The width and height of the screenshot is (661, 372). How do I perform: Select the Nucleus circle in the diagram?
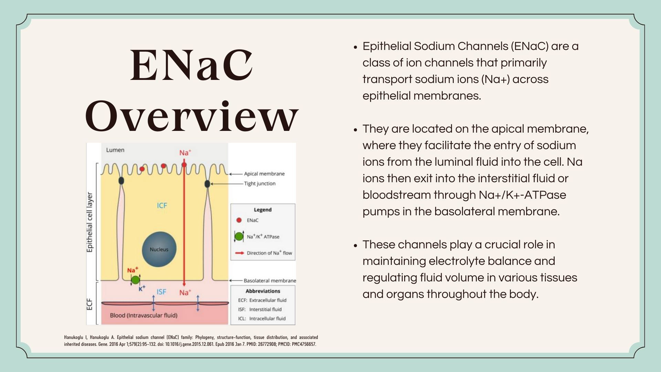159,249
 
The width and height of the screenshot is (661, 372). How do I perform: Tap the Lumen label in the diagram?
115,150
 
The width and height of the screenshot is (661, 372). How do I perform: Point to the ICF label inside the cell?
162,206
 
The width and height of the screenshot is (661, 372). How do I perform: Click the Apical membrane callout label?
264,174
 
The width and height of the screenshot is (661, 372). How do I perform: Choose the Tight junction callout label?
260,184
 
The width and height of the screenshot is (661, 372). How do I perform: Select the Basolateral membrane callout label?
270,281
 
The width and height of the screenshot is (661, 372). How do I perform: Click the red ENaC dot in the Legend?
239,220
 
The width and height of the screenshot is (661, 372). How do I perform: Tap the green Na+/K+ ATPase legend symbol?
239,236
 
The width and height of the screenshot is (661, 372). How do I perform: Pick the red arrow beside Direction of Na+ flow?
240,253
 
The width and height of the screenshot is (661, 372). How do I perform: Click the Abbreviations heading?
263,291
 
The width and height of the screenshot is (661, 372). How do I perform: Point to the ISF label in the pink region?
161,292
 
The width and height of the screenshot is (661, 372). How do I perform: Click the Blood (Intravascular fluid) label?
144,315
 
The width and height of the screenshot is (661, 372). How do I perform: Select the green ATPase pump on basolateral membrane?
135,279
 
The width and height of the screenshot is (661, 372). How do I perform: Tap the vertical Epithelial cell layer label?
90,222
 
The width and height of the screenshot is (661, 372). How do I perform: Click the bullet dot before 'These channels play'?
356,246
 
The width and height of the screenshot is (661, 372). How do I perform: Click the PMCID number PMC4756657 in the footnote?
304,344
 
